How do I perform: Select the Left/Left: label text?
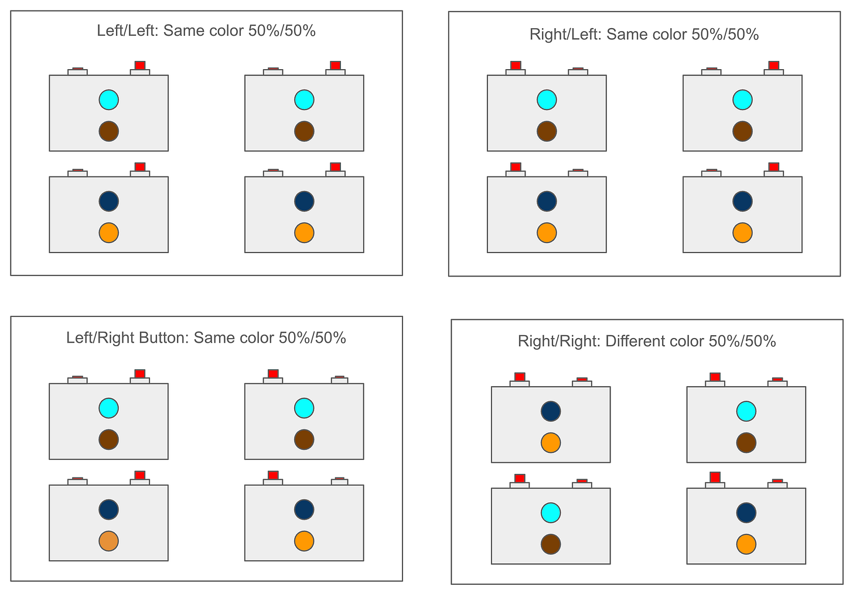tap(128, 31)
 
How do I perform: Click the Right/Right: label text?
tap(559, 342)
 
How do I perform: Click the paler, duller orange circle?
tap(109, 541)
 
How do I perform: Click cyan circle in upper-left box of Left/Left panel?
tap(109, 100)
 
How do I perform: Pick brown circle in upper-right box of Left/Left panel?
tap(304, 131)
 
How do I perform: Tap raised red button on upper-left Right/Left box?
tap(516, 65)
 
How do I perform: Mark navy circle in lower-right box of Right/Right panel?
tap(746, 513)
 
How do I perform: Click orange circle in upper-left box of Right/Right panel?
tap(551, 442)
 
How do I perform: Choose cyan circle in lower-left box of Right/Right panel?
tap(551, 513)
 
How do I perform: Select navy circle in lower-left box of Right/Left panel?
tap(547, 201)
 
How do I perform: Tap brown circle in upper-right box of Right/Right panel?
tap(746, 442)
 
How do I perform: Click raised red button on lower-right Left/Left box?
tap(335, 167)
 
